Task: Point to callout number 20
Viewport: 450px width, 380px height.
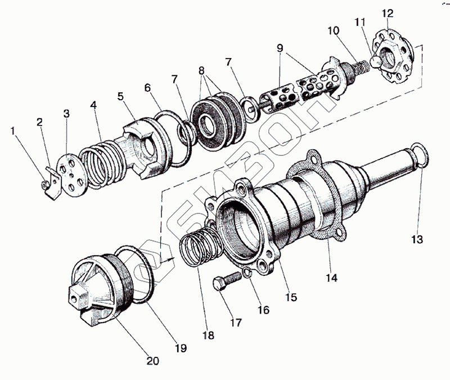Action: pyautogui.click(x=154, y=360)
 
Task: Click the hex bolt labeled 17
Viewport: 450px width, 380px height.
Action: pyautogui.click(x=225, y=281)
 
